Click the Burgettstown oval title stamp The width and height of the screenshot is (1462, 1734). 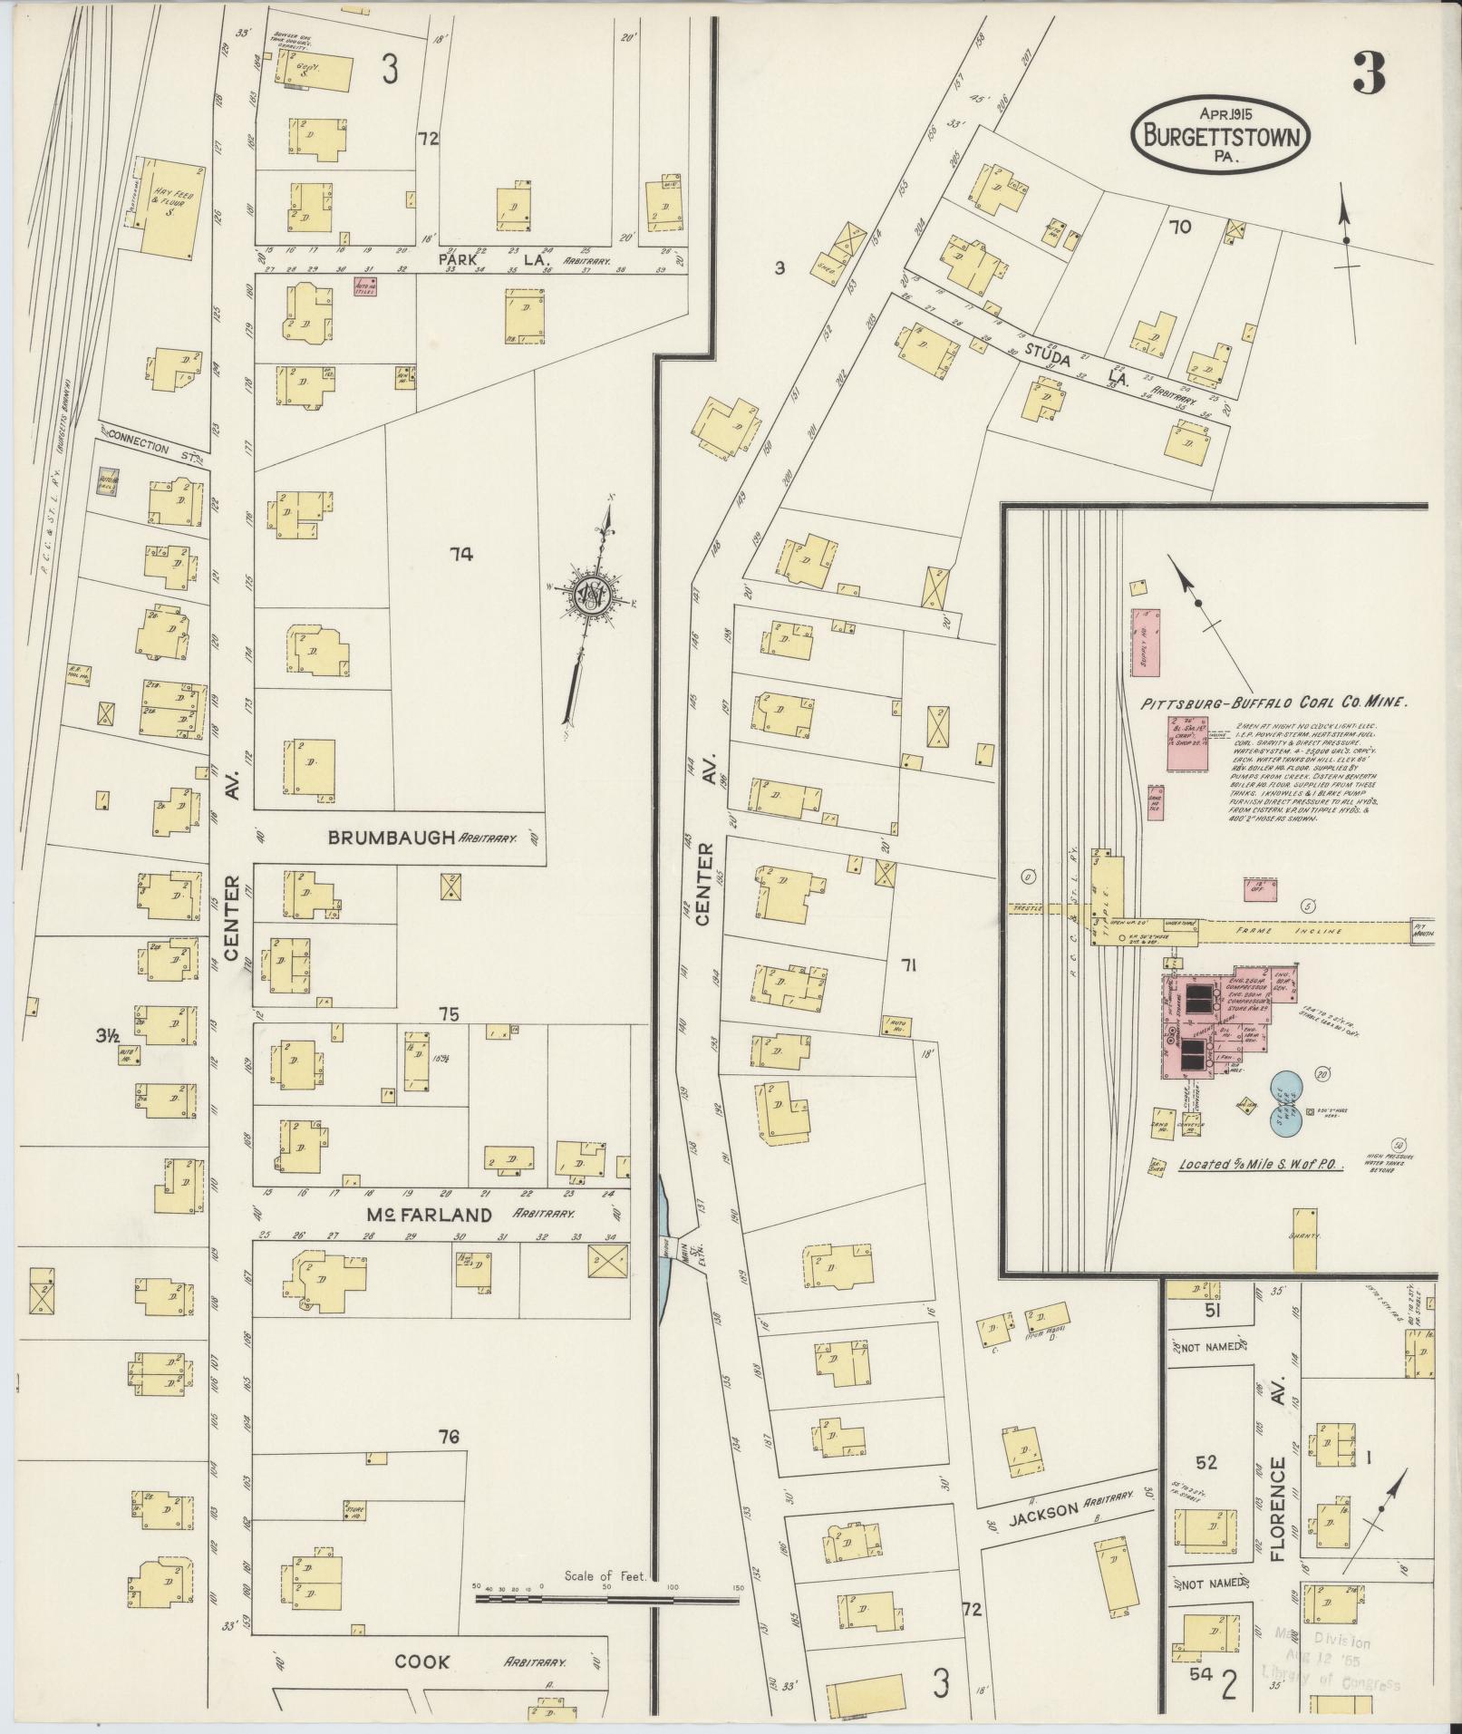coord(1221,135)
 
